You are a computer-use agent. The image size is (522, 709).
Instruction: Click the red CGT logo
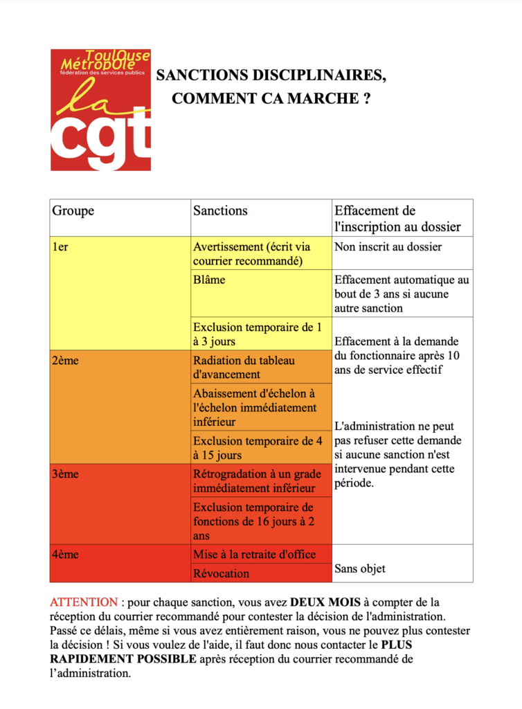pyautogui.click(x=100, y=109)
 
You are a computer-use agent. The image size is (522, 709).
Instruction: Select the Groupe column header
pyautogui.click(x=73, y=211)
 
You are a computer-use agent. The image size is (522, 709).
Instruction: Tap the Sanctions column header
pyautogui.click(x=220, y=211)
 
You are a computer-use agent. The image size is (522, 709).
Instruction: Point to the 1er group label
pyautogui.click(x=60, y=246)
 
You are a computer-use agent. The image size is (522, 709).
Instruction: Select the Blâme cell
pyautogui.click(x=209, y=280)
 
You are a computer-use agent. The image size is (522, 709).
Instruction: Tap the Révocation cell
pyautogui.click(x=222, y=573)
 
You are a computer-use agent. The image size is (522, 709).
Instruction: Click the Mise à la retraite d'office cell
pyautogui.click(x=255, y=554)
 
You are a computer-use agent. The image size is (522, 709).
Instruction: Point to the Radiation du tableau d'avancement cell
pyautogui.click(x=244, y=368)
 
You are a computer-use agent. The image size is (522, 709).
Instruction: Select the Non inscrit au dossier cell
pyautogui.click(x=388, y=246)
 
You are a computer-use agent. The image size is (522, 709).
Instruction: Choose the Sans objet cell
pyautogui.click(x=360, y=569)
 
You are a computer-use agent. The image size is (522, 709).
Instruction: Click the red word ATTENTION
pyautogui.click(x=84, y=602)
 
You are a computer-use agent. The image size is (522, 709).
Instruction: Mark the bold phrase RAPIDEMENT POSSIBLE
pyautogui.click(x=123, y=658)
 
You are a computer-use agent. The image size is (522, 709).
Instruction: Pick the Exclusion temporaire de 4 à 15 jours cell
pyautogui.click(x=258, y=448)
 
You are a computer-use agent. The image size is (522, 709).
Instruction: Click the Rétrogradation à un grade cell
pyautogui.click(x=258, y=481)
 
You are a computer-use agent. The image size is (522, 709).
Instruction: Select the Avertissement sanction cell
pyautogui.click(x=252, y=253)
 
